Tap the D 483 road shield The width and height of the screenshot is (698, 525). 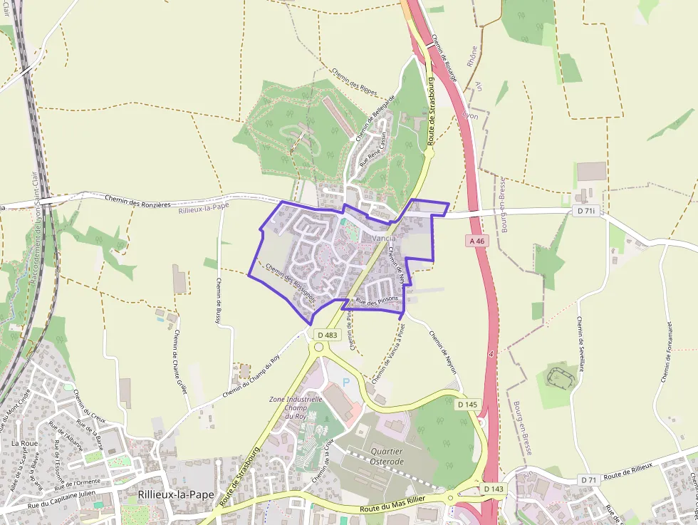[x=327, y=335]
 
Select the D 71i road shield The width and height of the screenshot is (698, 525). [x=585, y=211]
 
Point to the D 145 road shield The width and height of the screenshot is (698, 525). [x=467, y=405]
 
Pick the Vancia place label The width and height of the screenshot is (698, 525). [x=383, y=238]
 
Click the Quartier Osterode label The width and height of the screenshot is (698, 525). [x=387, y=457]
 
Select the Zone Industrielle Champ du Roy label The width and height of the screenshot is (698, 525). [x=296, y=408]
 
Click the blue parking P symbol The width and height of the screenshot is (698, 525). [x=347, y=383]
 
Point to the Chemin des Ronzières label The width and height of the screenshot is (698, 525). [x=137, y=202]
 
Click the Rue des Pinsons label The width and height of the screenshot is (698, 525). [x=377, y=302]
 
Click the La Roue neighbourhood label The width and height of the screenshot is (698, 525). [x=24, y=443]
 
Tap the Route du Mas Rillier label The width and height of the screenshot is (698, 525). [x=391, y=511]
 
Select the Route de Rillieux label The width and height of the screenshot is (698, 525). [x=627, y=471]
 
